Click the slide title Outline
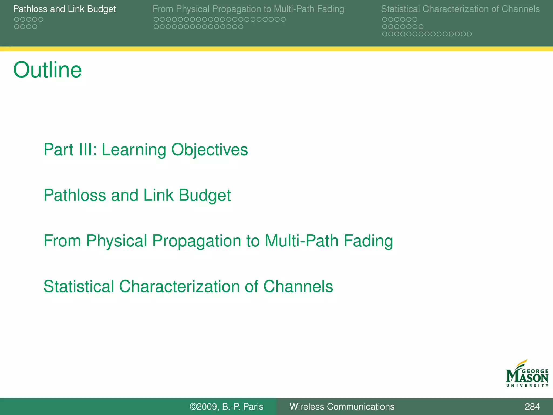click(48, 70)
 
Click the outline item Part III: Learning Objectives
click(146, 149)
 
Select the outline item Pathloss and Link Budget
click(137, 195)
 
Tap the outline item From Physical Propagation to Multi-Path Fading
click(218, 241)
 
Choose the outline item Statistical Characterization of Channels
click(188, 286)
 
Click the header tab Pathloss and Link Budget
click(64, 9)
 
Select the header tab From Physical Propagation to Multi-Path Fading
click(248, 9)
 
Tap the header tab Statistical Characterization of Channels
click(460, 9)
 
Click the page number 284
click(532, 406)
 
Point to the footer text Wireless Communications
click(342, 406)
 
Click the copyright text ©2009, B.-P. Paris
click(226, 406)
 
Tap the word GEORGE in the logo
click(535, 372)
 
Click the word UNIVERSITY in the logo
click(527, 386)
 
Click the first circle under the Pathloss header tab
click(16, 19)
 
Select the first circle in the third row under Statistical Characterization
click(385, 34)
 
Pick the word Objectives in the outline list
click(209, 149)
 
